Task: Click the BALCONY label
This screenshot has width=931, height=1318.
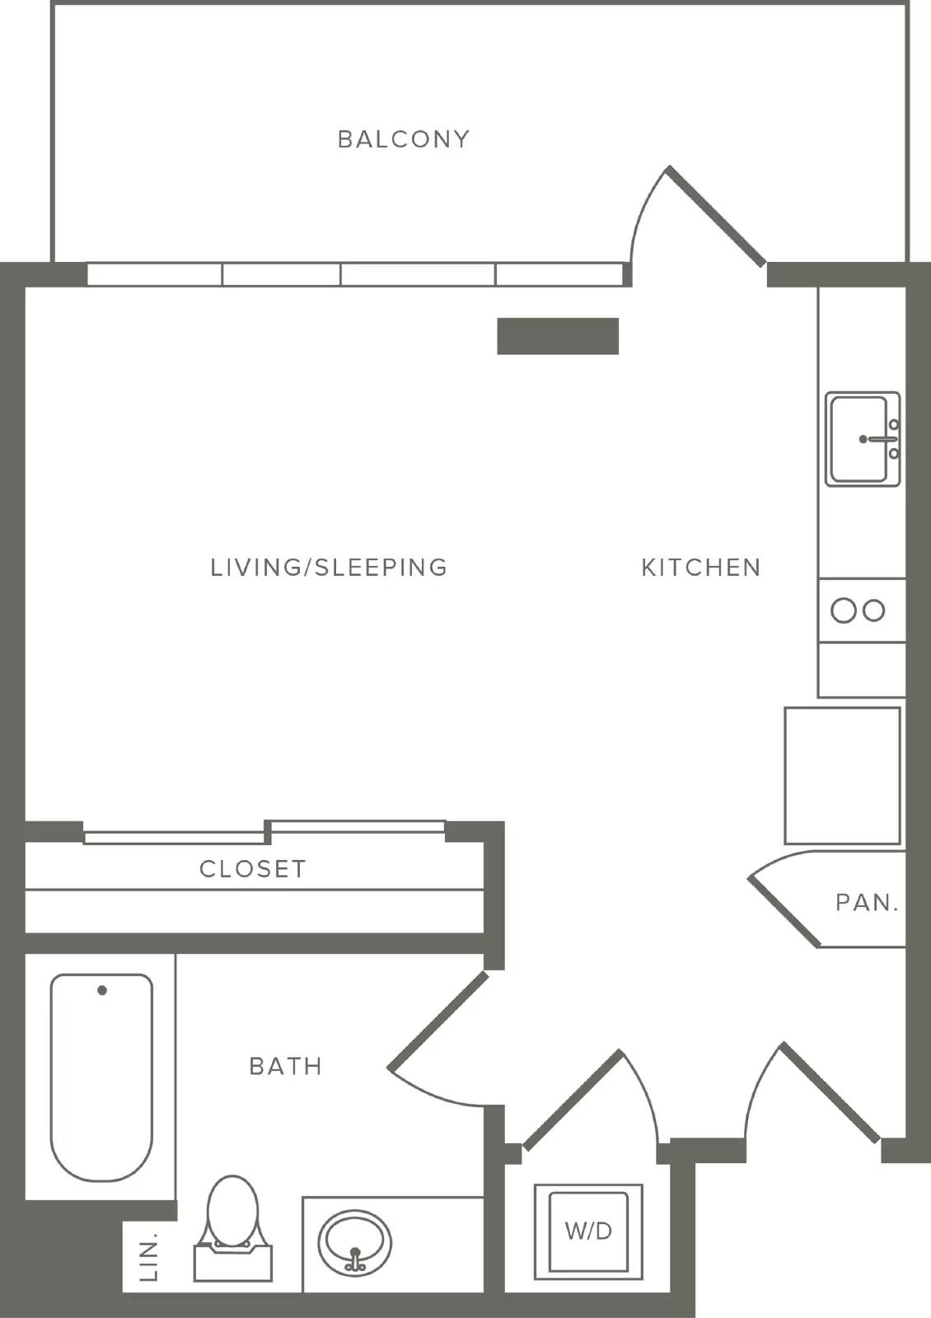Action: (404, 139)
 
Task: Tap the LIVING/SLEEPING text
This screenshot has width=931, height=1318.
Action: (329, 568)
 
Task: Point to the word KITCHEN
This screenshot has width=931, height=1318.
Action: (701, 568)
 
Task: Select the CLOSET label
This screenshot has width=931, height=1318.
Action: (253, 869)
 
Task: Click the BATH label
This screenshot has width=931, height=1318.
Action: (286, 1066)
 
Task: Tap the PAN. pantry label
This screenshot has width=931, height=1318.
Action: (867, 903)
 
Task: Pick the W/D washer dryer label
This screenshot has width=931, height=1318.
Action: (588, 1231)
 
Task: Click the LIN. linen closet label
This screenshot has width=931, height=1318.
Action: (150, 1257)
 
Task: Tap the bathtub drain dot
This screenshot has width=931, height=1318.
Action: (102, 990)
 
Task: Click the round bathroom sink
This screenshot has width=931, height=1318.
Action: (354, 1243)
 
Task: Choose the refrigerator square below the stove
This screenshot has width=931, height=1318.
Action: (842, 775)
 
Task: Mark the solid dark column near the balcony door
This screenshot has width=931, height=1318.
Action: (558, 336)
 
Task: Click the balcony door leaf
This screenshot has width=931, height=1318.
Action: (716, 215)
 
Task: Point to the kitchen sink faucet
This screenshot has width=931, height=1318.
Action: (880, 439)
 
